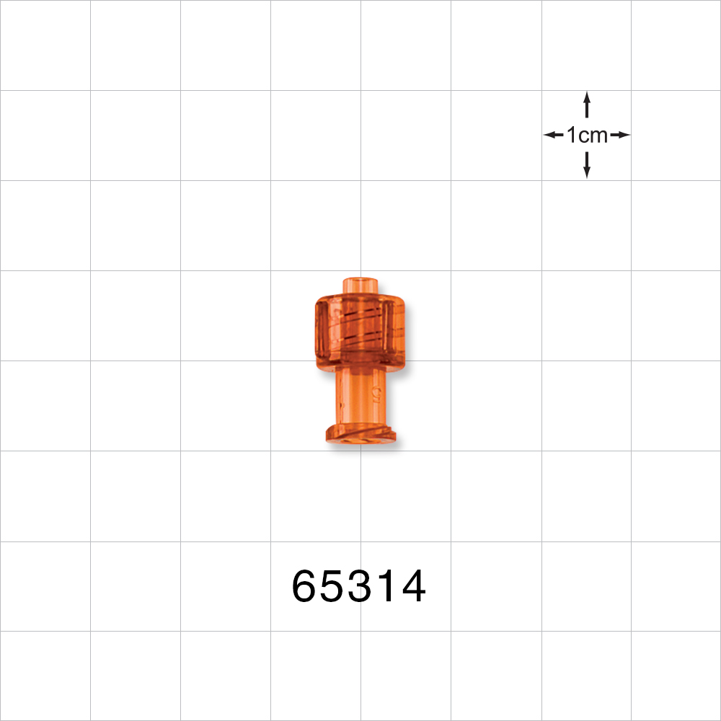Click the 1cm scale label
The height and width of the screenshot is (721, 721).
coord(587,135)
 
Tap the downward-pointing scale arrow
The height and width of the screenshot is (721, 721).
coord(587,165)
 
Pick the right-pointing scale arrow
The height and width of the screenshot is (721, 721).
coord(619,135)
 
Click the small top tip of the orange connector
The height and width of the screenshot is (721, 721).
coord(361,284)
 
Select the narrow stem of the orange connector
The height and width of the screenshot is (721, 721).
coord(360,396)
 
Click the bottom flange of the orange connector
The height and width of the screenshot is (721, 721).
coord(361,435)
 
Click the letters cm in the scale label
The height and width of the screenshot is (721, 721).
coord(595,135)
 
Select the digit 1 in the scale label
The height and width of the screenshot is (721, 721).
coord(571,135)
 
